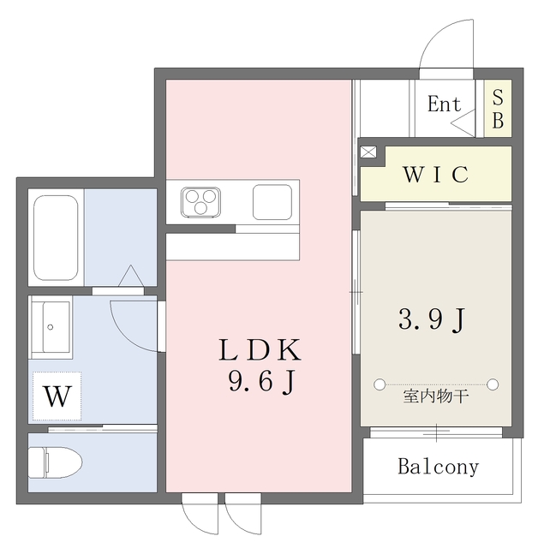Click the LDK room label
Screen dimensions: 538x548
point(260,350)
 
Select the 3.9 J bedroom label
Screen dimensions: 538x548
point(432,319)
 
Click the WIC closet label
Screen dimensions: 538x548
point(435,174)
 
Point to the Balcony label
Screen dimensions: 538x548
point(438,467)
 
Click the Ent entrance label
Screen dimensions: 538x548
point(444,104)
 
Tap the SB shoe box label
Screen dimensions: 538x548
point(498,109)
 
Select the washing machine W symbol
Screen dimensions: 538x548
point(57,396)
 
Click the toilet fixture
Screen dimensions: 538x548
point(55,462)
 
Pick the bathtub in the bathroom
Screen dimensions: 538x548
point(56,238)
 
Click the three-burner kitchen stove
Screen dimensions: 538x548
point(200,202)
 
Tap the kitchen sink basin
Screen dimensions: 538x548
point(272,202)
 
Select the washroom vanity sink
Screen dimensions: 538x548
point(51,327)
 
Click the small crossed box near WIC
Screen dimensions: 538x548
point(368,152)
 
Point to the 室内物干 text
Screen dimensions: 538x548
point(435,396)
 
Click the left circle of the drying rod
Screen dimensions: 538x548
point(380,384)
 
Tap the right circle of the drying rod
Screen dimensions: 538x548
point(493,384)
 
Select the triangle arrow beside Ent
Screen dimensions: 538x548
point(463,122)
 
